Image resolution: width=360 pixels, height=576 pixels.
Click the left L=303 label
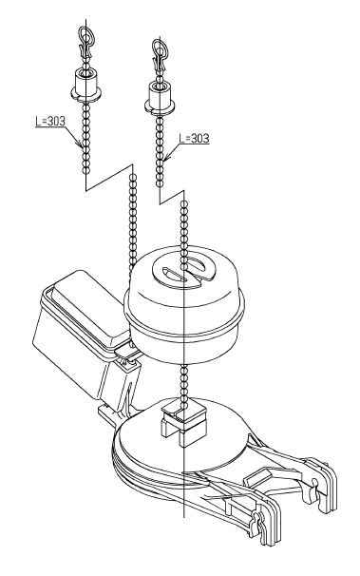click(50, 121)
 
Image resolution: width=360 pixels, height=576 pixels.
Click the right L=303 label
click(194, 138)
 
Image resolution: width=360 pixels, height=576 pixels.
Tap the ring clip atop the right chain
click(159, 55)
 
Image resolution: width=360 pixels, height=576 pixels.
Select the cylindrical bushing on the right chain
click(160, 97)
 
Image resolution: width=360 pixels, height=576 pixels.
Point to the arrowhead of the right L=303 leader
click(166, 158)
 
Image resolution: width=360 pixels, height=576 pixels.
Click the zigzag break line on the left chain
click(109, 178)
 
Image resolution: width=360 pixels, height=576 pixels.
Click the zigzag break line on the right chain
click(172, 197)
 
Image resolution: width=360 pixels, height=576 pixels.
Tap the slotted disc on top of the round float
click(183, 270)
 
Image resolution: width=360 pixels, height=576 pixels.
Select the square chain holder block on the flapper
click(182, 421)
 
